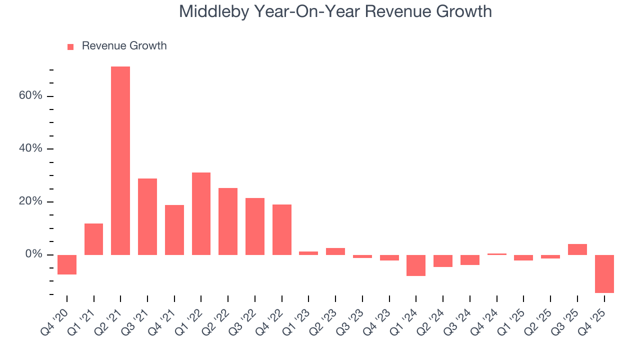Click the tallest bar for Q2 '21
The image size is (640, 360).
coord(120,160)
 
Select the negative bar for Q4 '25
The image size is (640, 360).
coord(604,273)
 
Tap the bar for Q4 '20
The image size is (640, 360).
coord(67,264)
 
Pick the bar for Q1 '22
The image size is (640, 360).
coord(201,213)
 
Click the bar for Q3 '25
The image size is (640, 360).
coord(577,249)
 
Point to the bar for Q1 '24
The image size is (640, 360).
coord(416,265)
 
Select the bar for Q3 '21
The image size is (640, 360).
coord(147,216)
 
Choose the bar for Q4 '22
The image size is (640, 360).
coord(282,229)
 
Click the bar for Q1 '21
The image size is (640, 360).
coord(94,239)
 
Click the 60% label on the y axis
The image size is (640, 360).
coord(30,96)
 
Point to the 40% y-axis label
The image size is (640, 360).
coord(30,149)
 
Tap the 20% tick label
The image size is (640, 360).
coord(30,202)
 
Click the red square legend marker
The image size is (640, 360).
coord(70,46)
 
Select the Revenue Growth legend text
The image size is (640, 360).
coord(124,46)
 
